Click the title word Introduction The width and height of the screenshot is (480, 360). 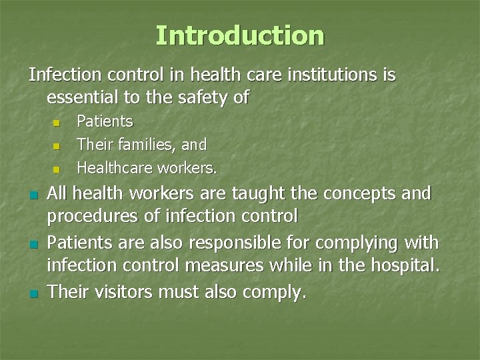coord(240,35)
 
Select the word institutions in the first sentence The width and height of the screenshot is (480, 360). coord(333,75)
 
